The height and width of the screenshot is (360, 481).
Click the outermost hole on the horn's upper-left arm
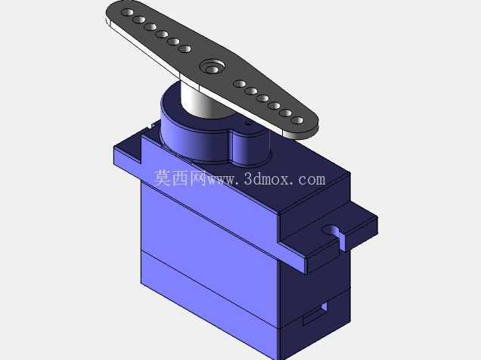(x=127, y=13)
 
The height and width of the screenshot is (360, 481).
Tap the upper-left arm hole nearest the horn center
(x=185, y=48)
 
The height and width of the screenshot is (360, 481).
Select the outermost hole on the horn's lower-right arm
(x=296, y=120)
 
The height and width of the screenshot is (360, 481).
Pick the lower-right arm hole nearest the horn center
(x=240, y=83)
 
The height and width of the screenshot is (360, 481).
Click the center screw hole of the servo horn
(x=212, y=70)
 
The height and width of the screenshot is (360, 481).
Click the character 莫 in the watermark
(x=162, y=178)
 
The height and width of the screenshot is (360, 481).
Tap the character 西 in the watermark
(x=180, y=178)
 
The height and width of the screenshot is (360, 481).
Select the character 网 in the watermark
(x=197, y=178)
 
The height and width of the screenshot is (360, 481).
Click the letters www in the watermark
(x=222, y=180)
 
